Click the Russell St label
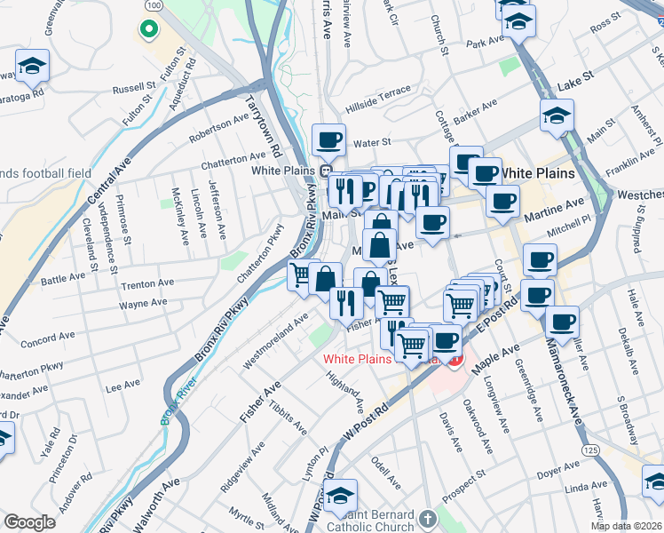coord(134,88)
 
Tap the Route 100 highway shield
coord(154,5)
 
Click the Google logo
coord(29,521)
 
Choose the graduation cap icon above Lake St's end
coord(557,115)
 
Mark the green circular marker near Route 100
coord(146,29)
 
